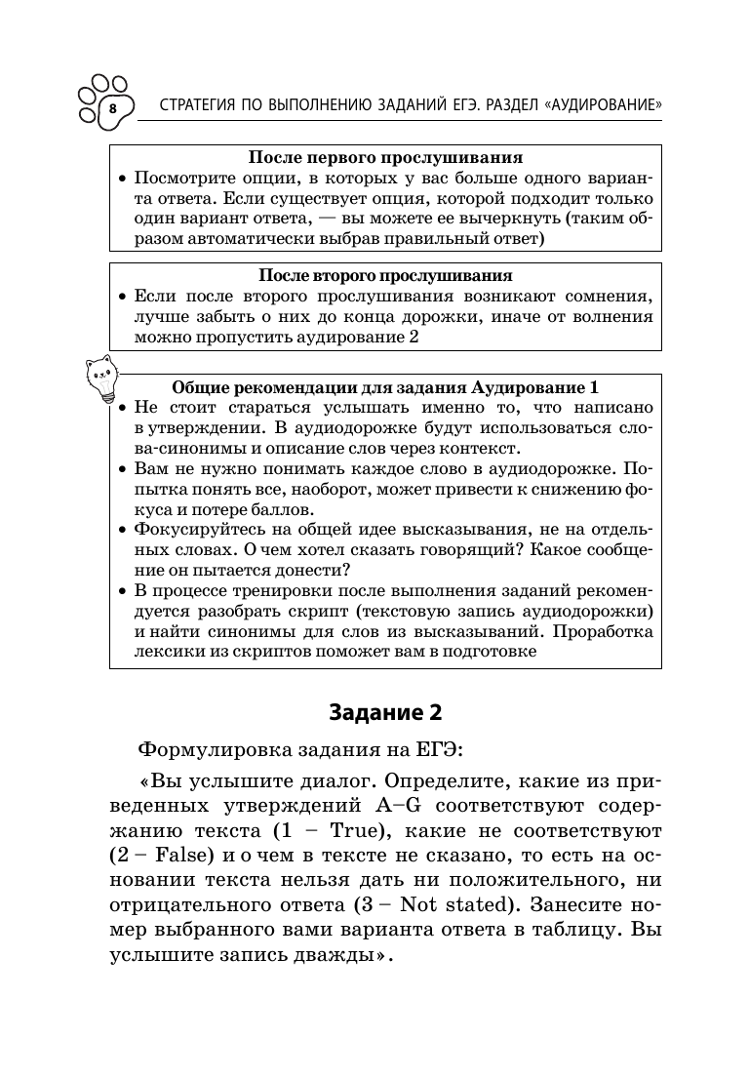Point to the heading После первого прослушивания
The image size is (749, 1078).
tap(385, 158)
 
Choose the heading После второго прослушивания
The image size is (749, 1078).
tap(385, 276)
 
